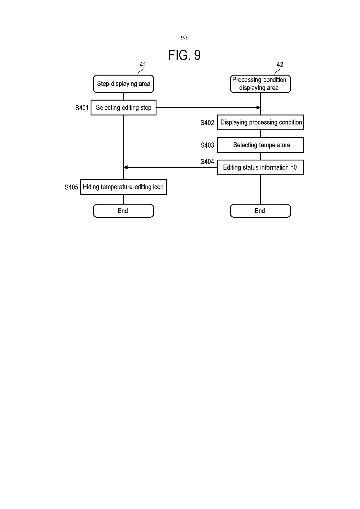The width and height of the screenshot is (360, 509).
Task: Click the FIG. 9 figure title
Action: click(x=184, y=55)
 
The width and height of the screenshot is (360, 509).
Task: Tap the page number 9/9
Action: click(x=185, y=38)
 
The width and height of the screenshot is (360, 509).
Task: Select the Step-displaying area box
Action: click(x=123, y=84)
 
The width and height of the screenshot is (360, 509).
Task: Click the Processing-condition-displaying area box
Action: click(x=260, y=84)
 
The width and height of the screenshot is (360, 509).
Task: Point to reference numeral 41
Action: click(x=143, y=65)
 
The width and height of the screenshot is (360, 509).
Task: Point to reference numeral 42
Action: click(x=280, y=65)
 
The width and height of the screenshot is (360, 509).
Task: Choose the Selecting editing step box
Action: click(x=123, y=108)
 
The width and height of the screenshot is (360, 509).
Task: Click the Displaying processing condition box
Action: click(x=260, y=122)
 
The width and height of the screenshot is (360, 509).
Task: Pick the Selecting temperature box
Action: click(x=260, y=145)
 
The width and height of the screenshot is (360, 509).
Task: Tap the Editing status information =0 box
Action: click(x=260, y=167)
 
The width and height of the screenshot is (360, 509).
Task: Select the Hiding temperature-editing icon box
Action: click(x=123, y=187)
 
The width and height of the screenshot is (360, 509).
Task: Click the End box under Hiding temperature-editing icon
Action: click(x=123, y=211)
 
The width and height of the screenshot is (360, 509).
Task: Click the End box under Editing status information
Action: click(x=260, y=211)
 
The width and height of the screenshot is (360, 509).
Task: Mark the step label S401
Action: click(x=82, y=108)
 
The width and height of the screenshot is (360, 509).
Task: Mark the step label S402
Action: click(x=207, y=123)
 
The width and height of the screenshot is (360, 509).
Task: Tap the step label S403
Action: click(x=207, y=145)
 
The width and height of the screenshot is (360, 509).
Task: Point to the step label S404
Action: click(x=207, y=162)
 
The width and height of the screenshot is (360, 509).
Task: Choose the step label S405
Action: click(x=71, y=187)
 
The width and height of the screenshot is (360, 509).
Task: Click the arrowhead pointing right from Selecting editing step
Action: click(x=258, y=108)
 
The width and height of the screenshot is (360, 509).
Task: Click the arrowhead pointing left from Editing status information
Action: click(x=126, y=167)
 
